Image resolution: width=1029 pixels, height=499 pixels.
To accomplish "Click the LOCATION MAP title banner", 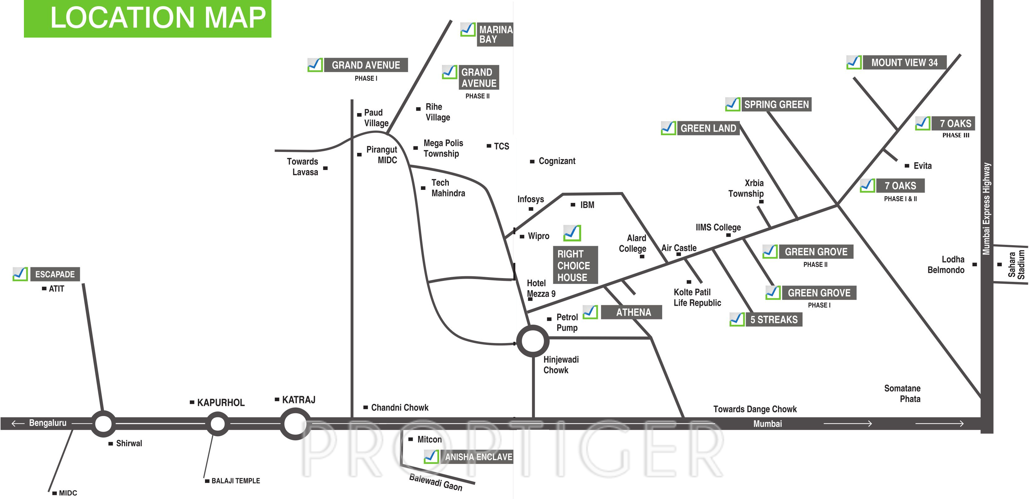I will [148, 18].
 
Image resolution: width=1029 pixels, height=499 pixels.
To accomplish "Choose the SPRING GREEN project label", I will [776, 105].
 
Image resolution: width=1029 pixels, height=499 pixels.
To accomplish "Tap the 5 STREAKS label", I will [773, 320].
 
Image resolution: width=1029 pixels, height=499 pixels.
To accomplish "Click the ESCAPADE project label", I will [55, 274].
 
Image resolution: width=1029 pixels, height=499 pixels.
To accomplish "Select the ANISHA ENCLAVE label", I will [478, 457].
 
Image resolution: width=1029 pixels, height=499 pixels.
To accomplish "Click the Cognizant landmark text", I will [557, 161].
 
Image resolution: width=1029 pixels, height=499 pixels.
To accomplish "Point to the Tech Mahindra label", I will [448, 188].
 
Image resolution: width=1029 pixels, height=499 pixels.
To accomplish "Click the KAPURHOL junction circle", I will [218, 423].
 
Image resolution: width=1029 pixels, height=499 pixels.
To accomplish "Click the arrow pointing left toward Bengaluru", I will [18, 423].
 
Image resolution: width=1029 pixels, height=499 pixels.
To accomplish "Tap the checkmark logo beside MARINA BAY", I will [468, 30].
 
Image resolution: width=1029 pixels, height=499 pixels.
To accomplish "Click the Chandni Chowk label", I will [399, 408].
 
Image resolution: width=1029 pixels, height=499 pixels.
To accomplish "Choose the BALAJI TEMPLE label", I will [235, 481].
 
